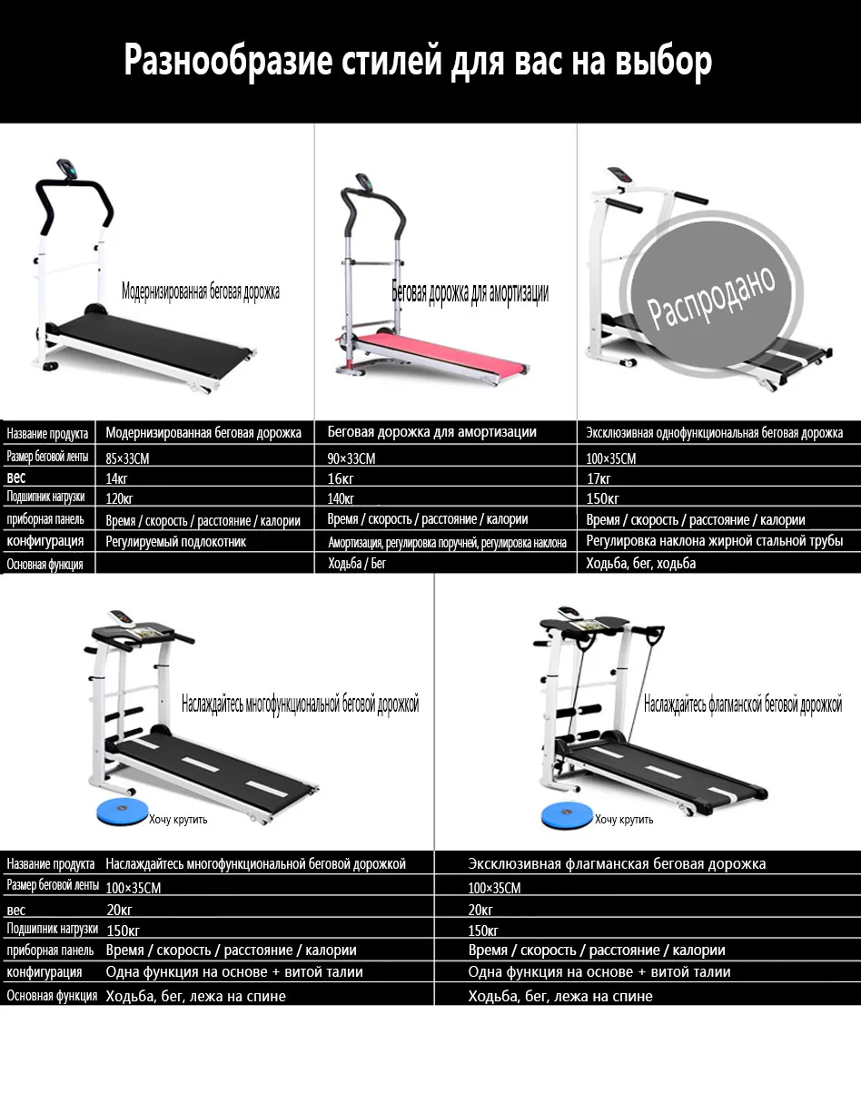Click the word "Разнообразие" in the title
227,62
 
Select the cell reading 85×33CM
127,458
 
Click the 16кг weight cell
340,479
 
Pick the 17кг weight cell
599,479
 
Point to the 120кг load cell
119,498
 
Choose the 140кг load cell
341,498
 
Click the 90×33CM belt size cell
351,458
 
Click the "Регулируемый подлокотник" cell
175,541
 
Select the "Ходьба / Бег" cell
357,564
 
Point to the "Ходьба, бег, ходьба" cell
641,564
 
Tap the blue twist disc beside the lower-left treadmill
122,813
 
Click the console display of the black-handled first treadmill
67,169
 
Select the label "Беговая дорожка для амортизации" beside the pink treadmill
470,293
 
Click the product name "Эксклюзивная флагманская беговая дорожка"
617,863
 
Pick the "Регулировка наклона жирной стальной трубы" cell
715,541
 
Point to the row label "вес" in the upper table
15,478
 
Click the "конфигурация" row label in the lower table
44,971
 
